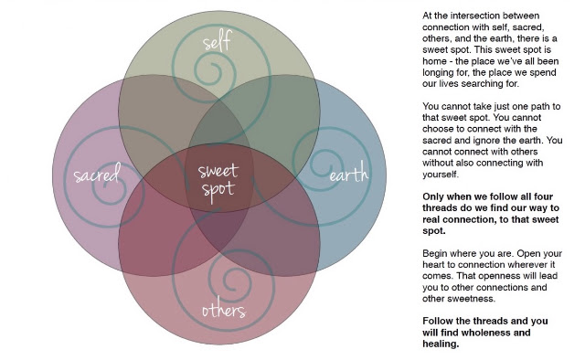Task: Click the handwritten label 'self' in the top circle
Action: pos(218,41)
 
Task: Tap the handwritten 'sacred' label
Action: pos(97,173)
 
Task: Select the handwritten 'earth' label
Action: pos(349,174)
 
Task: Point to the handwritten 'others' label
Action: pos(224,311)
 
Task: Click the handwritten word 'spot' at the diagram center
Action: pos(218,190)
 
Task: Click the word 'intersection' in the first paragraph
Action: pos(476,16)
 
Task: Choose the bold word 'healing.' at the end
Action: pos(441,344)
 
